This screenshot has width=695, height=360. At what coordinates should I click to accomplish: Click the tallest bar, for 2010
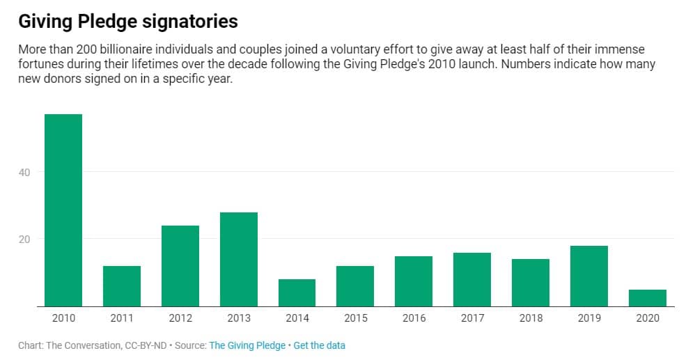coord(63,210)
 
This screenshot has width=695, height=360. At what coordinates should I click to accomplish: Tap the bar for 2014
coord(297,292)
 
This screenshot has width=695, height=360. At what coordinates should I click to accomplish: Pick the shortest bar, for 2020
coord(647,297)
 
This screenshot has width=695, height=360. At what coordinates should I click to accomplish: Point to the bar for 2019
coord(588,276)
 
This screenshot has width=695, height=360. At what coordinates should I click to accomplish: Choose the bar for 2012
coord(180,265)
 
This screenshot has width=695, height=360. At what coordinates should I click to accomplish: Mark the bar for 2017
coord(471,279)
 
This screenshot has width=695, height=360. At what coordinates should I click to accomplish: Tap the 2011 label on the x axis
coord(122,318)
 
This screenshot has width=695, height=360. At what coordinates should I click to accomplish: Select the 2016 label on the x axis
coord(414,318)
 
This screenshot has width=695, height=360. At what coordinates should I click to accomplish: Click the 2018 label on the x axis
coord(530,318)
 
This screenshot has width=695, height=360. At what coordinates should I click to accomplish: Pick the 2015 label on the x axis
coord(355,318)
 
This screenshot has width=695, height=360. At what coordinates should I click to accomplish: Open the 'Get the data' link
coord(319,345)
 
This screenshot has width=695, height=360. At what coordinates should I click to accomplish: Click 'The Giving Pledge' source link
coord(247,345)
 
